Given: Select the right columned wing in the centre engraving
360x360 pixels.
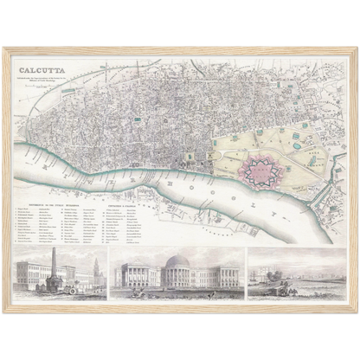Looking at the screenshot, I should pos(221,279).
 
